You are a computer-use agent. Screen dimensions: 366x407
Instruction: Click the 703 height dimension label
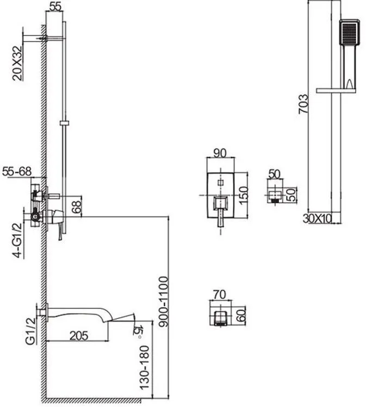pos(303,104)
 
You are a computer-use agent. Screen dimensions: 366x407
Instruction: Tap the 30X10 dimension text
pos(317,218)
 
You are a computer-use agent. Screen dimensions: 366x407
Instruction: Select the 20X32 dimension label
pos(18,63)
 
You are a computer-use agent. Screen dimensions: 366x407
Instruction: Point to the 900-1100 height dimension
pos(164,302)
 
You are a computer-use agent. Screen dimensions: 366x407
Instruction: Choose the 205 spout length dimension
pos(79,336)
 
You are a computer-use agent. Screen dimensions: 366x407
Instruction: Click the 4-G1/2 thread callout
pos(18,240)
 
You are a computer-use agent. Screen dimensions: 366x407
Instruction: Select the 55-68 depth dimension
pos(17,171)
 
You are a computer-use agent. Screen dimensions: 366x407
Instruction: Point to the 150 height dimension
pos(244,195)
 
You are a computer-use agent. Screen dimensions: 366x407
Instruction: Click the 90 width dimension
pos(220,153)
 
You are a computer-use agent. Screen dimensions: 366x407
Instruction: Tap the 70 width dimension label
pos(220,295)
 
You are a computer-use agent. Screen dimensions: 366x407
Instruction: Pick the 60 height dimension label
pos(241,315)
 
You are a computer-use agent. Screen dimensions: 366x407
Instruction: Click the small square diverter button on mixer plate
pos(221,183)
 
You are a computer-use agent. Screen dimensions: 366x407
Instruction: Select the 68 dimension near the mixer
pos(77,206)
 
